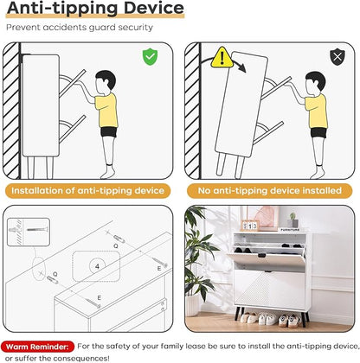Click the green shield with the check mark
(x=150, y=57)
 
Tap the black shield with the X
(x=337, y=57)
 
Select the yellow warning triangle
(x=222, y=58)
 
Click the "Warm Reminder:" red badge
(x=37, y=347)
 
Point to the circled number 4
(x=97, y=266)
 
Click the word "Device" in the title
(x=154, y=8)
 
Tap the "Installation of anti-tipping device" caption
(x=88, y=191)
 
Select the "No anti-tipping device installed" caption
(x=270, y=191)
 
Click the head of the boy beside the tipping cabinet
(x=315, y=82)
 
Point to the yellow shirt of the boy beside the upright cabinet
(x=107, y=111)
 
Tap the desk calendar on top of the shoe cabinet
(x=250, y=226)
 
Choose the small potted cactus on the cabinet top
(x=293, y=220)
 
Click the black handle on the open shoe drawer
(x=262, y=256)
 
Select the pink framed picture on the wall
(x=264, y=217)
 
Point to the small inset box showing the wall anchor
(x=29, y=232)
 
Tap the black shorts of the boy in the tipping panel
(x=318, y=133)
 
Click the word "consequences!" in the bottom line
(x=81, y=359)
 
